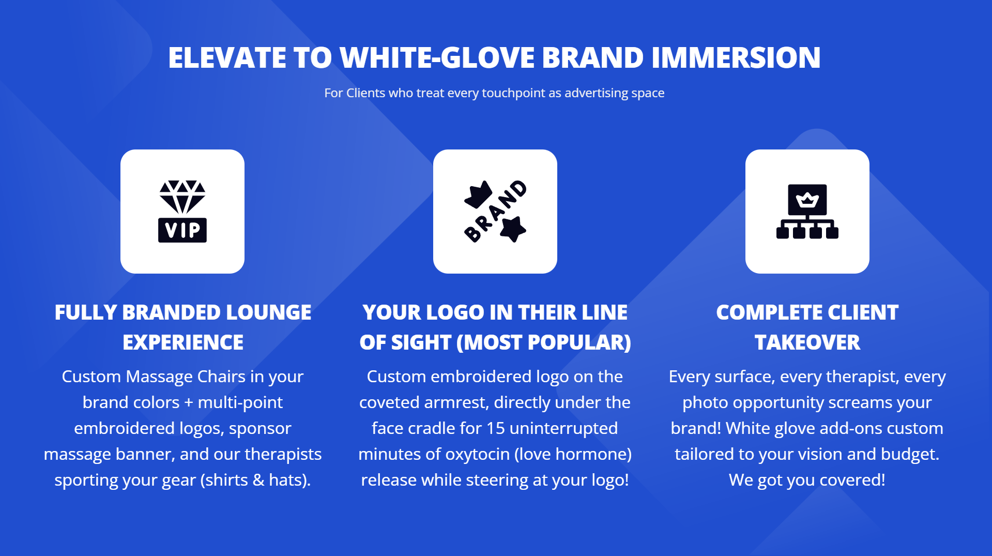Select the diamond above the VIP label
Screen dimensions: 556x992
point(182,197)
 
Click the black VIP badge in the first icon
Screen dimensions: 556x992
point(182,230)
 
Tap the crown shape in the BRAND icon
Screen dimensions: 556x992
point(478,194)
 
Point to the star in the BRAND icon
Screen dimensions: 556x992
point(513,229)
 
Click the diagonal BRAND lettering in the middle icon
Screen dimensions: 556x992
point(495,211)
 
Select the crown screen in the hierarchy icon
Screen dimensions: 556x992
point(807,200)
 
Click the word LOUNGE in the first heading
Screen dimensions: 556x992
point(268,312)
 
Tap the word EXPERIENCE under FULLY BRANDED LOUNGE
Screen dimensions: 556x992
point(183,342)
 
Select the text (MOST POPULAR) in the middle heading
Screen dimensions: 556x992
point(544,342)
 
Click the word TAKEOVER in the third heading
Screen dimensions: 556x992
point(807,342)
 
